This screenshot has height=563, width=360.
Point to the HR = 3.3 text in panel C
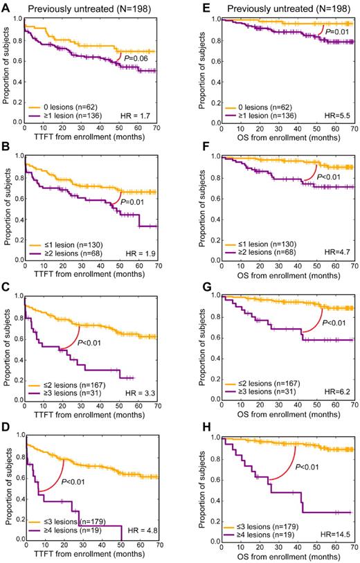(x=147, y=402)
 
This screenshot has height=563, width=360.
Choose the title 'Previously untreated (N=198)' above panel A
(x=89, y=7)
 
